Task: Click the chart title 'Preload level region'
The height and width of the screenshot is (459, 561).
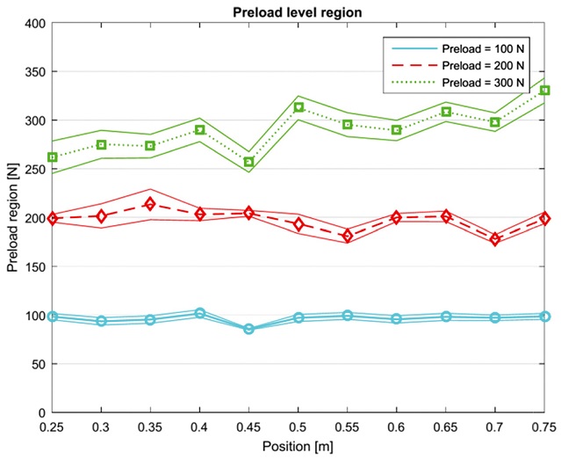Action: (298, 11)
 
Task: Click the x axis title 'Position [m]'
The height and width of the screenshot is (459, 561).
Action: (298, 446)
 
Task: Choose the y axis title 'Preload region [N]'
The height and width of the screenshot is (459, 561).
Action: (11, 217)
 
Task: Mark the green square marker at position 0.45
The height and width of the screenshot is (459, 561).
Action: (248, 162)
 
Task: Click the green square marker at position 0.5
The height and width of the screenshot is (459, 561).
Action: (298, 107)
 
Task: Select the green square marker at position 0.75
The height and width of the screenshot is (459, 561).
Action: (544, 91)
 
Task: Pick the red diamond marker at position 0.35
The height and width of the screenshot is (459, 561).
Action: (150, 204)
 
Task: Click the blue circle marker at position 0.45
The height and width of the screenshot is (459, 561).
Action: (248, 329)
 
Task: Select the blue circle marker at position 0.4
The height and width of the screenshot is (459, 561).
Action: (200, 313)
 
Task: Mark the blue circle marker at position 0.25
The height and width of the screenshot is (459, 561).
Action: (52, 316)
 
